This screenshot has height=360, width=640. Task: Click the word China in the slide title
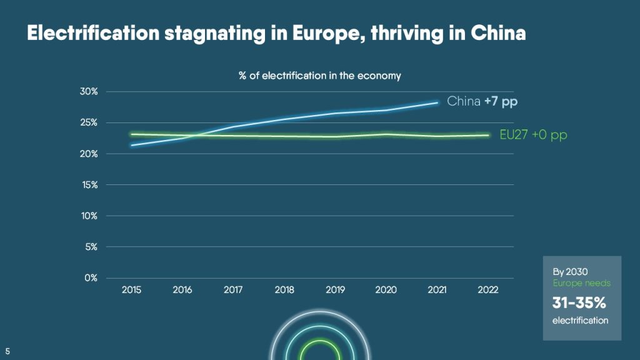click(498, 33)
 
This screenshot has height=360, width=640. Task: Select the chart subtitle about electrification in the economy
click(319, 76)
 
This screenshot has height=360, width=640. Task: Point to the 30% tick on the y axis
click(89, 91)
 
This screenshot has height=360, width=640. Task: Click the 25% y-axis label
click(89, 122)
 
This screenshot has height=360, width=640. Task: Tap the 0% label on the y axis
click(91, 278)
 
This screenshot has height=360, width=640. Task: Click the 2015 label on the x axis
click(131, 290)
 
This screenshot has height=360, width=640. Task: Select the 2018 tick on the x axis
click(284, 290)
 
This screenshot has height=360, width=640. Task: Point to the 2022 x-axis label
click(488, 290)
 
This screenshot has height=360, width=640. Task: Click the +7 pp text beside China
click(501, 102)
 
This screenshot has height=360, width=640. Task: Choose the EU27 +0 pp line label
click(534, 135)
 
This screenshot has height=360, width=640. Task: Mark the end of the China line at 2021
click(437, 103)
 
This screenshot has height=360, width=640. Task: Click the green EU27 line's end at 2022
click(488, 136)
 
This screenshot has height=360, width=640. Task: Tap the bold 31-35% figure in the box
click(579, 303)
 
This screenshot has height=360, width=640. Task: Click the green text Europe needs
click(582, 283)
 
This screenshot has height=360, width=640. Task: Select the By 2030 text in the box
click(570, 272)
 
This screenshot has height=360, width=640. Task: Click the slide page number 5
click(7, 351)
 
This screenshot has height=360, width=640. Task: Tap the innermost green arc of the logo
click(321, 341)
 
